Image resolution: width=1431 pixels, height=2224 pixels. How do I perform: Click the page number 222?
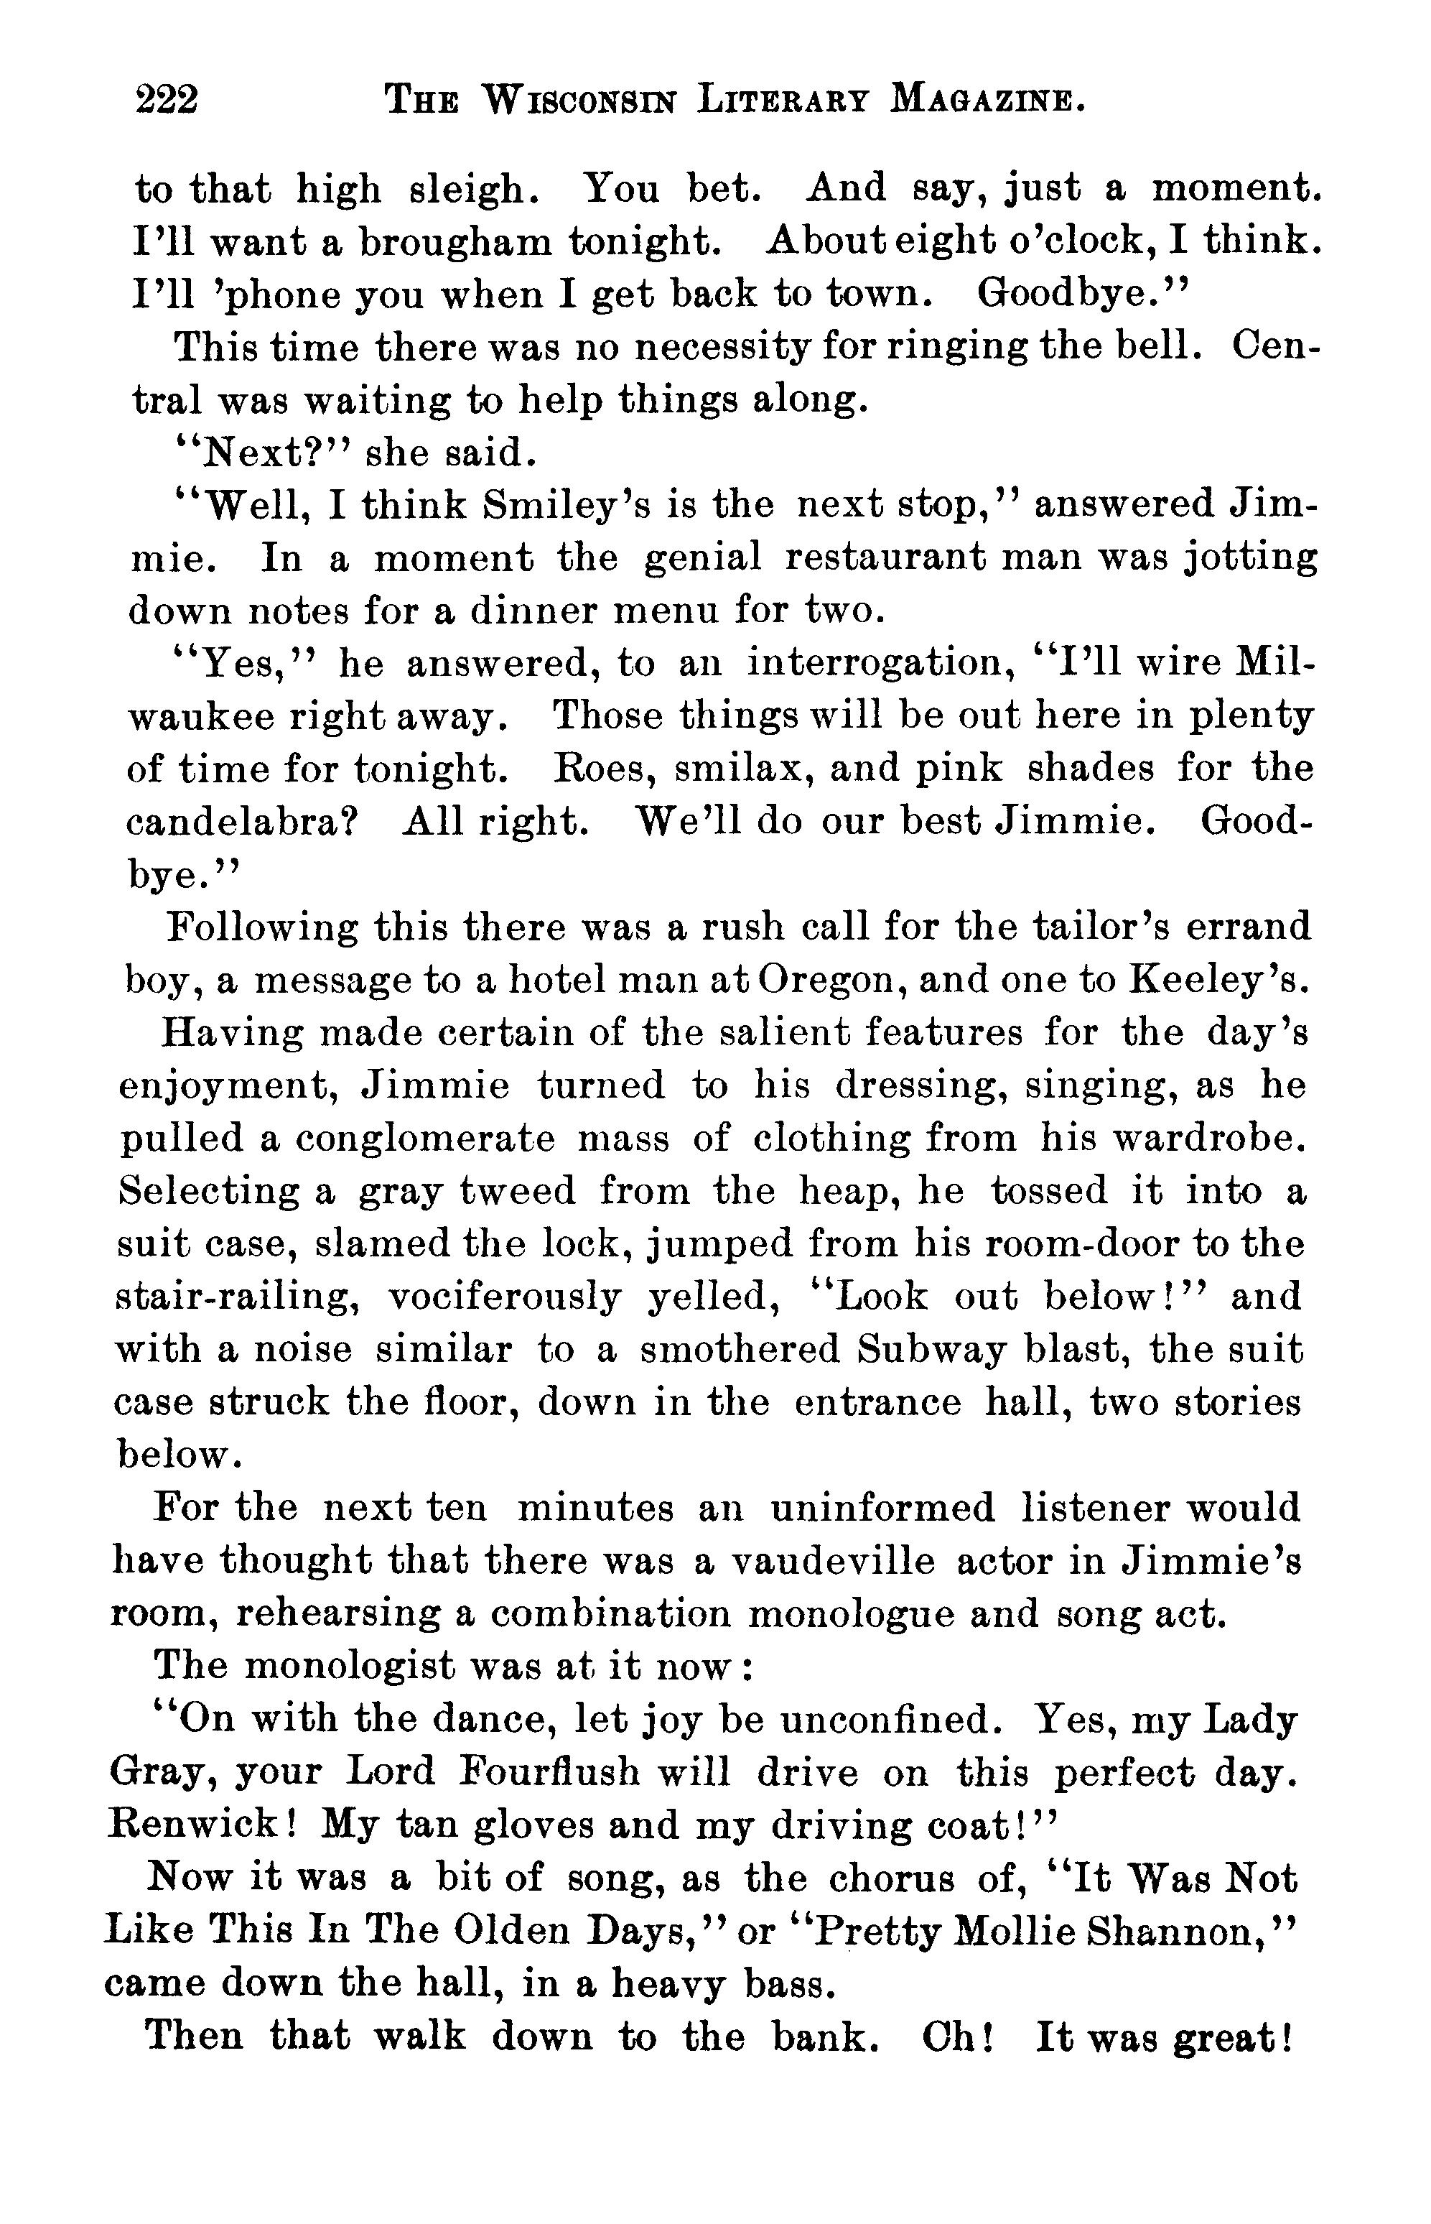167,98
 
